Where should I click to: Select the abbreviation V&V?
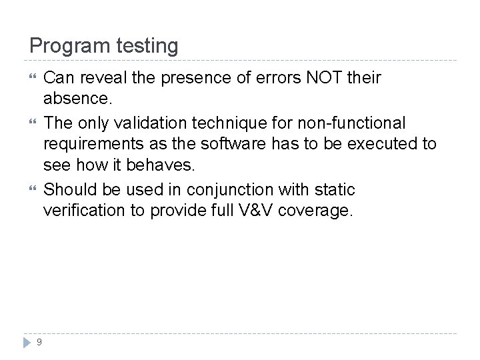point(256,211)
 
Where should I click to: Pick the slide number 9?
point(39,342)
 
